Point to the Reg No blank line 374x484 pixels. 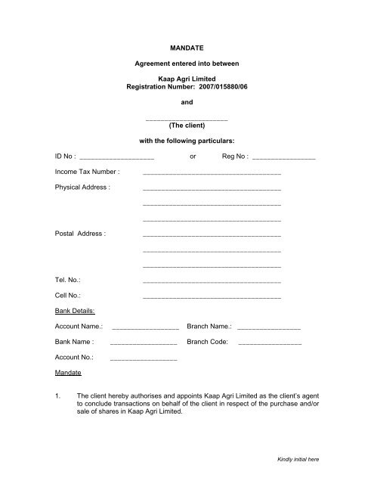click(284, 159)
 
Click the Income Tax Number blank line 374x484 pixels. click(212, 175)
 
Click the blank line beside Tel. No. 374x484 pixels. click(212, 283)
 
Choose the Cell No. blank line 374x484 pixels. click(212, 298)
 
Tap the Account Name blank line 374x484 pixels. click(144, 330)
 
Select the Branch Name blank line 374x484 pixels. click(268, 330)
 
